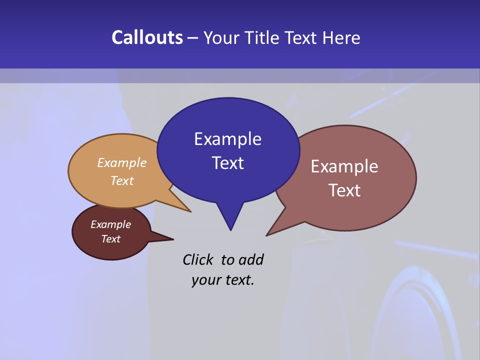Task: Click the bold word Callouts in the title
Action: point(147,37)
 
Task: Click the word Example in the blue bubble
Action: point(227,139)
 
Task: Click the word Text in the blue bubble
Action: point(227,163)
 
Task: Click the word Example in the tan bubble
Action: point(122,163)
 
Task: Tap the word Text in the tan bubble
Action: point(122,180)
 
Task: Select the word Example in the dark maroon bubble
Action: point(110,224)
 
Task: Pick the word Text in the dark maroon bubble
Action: point(110,239)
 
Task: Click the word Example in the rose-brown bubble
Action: point(344,166)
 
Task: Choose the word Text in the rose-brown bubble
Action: point(344,190)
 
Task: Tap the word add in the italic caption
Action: point(251,259)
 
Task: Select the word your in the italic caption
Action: point(205,280)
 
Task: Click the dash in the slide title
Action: point(193,38)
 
